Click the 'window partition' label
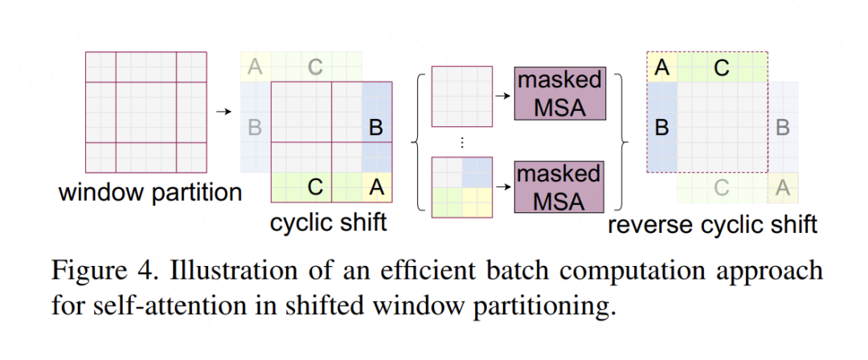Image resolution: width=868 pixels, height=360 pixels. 149,193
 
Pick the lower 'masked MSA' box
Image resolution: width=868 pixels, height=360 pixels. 559,187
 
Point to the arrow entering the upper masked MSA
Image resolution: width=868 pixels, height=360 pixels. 502,95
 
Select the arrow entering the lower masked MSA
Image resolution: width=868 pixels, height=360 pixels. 502,187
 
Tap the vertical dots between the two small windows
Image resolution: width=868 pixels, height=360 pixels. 462,141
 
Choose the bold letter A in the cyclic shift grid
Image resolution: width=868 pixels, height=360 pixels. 375,187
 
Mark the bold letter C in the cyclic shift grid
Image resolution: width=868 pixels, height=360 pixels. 316,187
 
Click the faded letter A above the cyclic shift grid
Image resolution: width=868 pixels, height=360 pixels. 256,67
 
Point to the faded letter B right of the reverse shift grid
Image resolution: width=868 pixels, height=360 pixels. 783,127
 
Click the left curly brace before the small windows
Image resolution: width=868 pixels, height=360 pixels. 418,141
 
